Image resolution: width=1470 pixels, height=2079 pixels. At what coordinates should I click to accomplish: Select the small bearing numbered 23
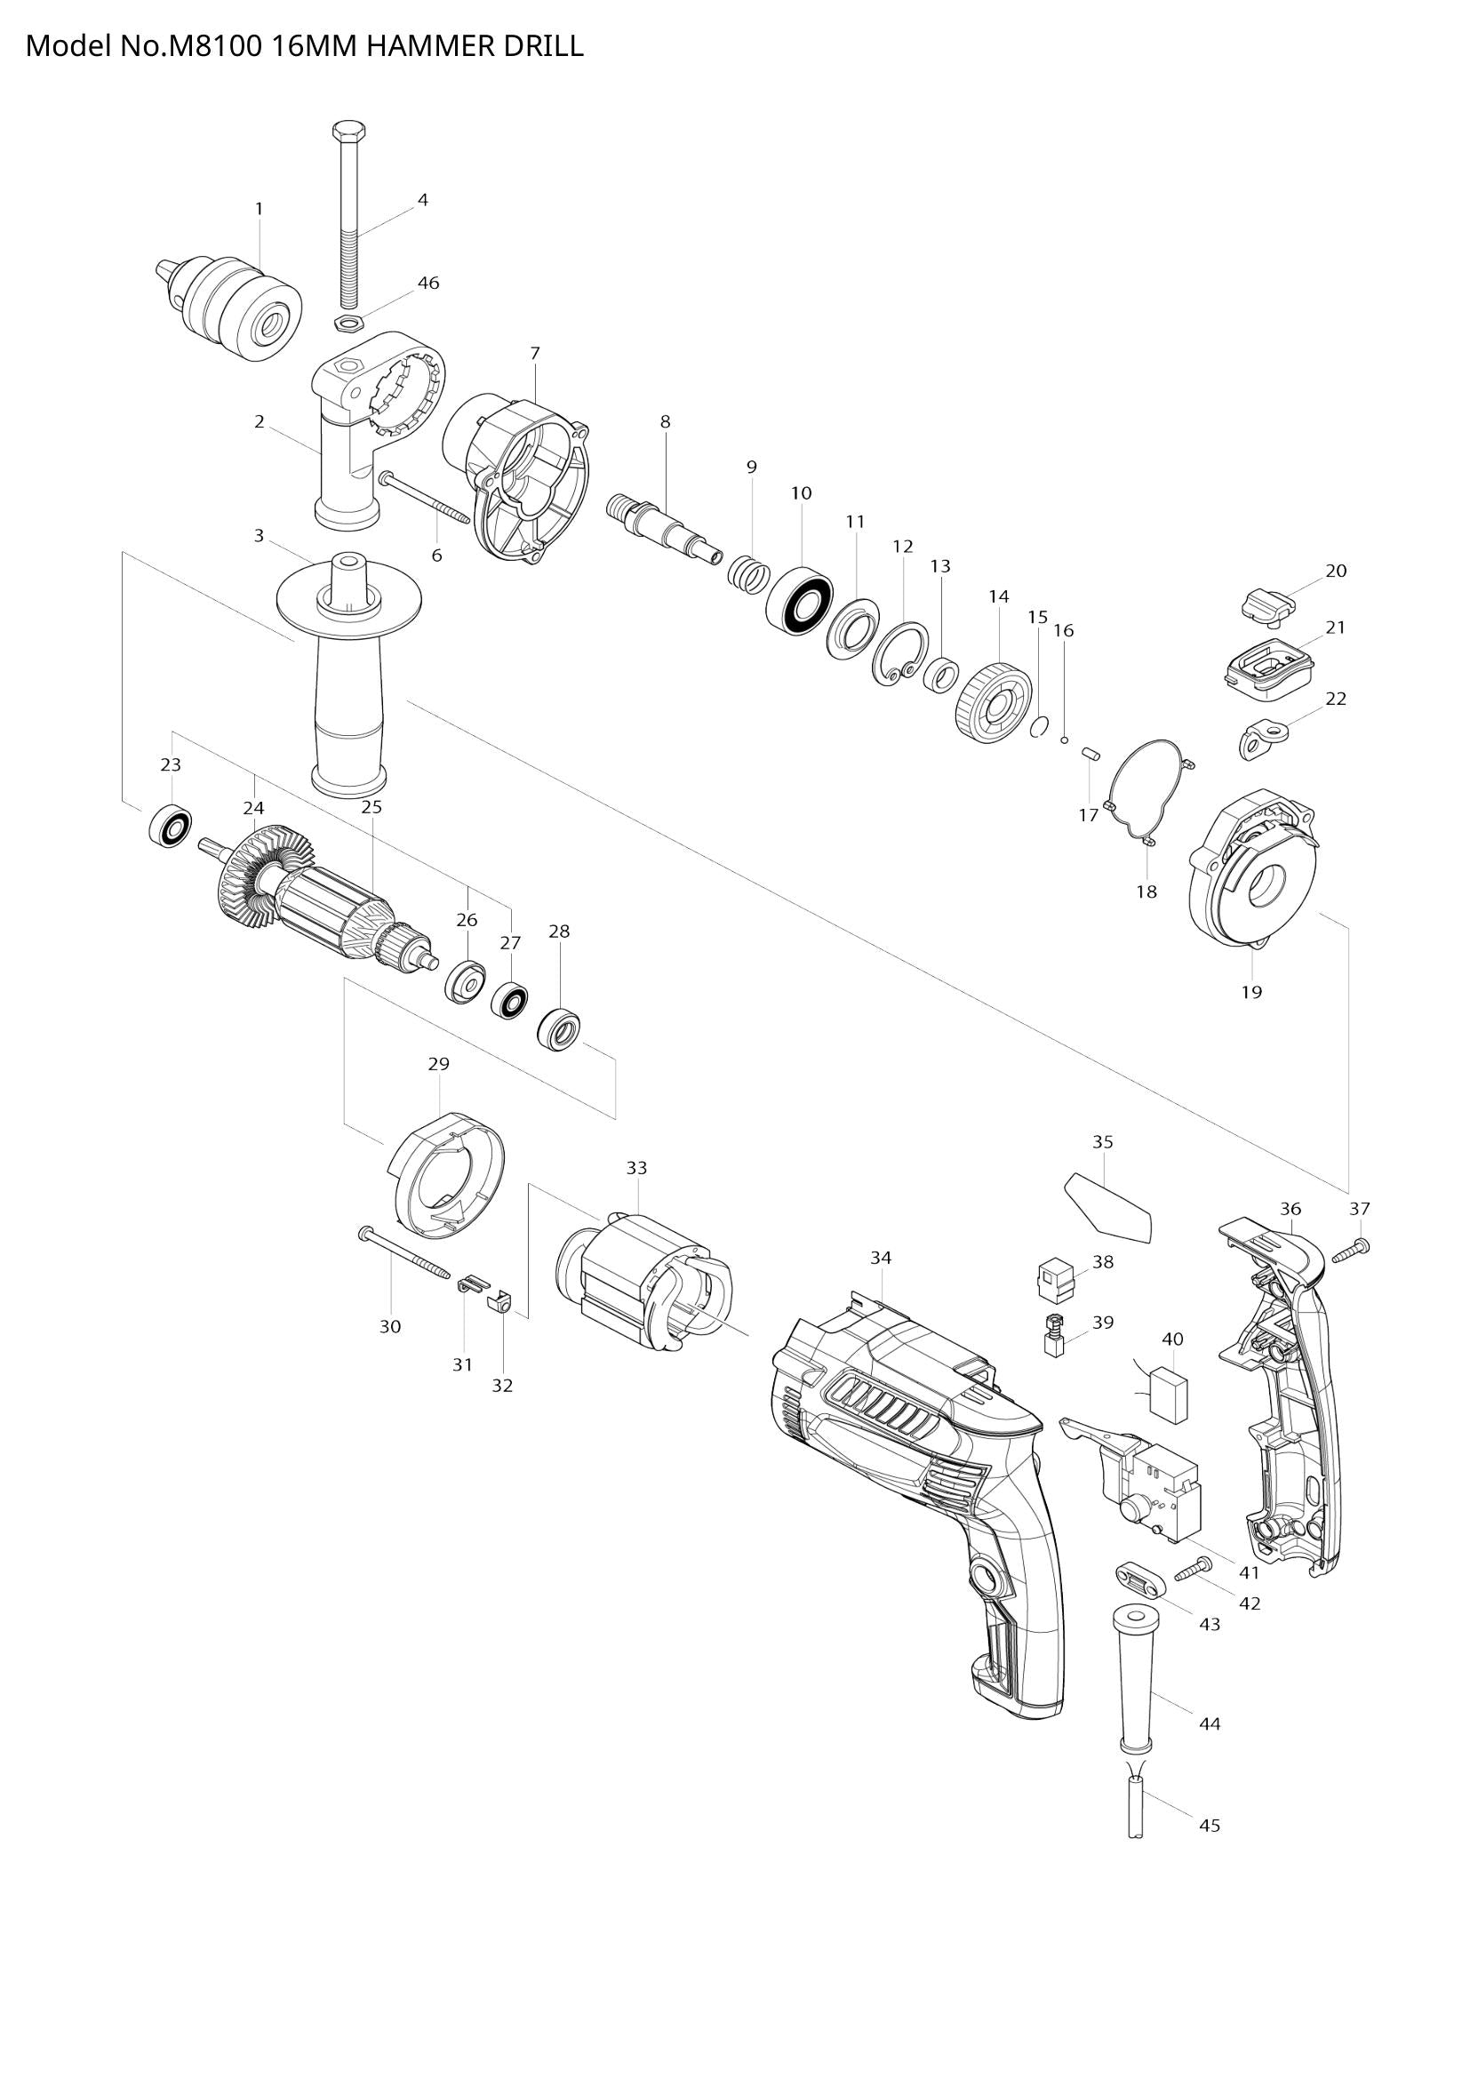(x=171, y=825)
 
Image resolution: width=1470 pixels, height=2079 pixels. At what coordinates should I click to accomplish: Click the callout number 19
(x=1251, y=993)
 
